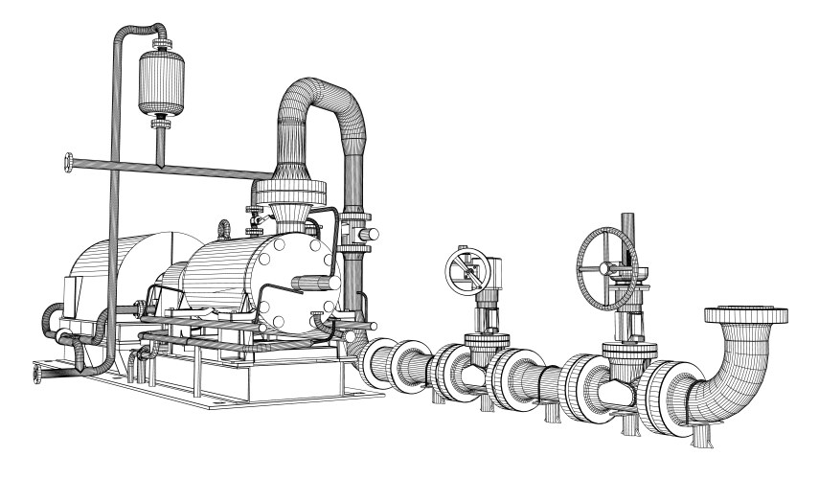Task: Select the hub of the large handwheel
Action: coord(605,257)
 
